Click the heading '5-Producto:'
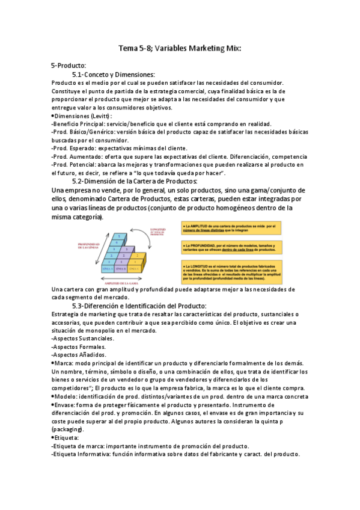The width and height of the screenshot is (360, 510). pyautogui.click(x=69, y=65)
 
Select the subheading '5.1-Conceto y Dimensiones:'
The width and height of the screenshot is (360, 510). pyautogui.click(x=113, y=74)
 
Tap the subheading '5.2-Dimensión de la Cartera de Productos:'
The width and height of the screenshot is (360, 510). pyautogui.click(x=134, y=181)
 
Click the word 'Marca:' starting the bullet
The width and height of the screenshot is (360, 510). pyautogui.click(x=67, y=363)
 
